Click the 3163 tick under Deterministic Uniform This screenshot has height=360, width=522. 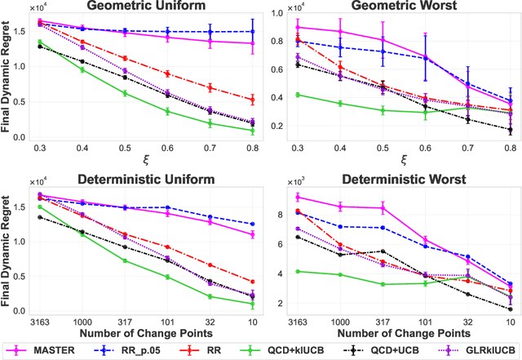(x=39, y=322)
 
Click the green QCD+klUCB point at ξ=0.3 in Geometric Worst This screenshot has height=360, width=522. (x=299, y=95)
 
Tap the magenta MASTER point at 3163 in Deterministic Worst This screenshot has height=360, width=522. (x=299, y=197)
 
